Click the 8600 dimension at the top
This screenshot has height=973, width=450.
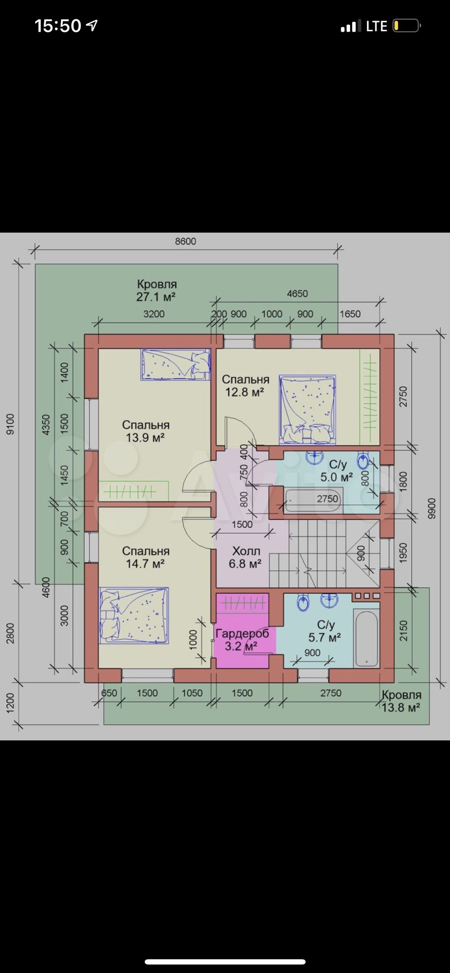click(x=185, y=241)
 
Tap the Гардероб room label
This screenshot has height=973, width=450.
click(x=242, y=633)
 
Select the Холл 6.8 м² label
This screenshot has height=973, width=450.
click(x=246, y=557)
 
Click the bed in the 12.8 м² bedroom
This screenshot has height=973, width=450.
click(x=307, y=410)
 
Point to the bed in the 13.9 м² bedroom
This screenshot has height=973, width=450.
click(x=176, y=364)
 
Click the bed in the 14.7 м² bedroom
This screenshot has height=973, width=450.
click(x=134, y=616)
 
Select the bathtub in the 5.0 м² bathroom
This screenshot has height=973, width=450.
click(x=313, y=500)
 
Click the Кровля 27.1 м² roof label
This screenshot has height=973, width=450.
click(x=156, y=290)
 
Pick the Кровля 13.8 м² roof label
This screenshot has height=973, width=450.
click(x=401, y=701)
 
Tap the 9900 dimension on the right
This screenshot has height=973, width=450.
click(x=431, y=509)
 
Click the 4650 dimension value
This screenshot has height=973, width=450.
click(x=298, y=293)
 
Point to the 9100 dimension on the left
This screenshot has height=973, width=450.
click(x=10, y=424)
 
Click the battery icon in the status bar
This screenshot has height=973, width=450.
click(x=407, y=25)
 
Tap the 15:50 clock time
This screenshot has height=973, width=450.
click(x=58, y=26)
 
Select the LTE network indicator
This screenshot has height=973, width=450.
click(x=376, y=26)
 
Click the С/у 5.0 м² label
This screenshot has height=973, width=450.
click(x=337, y=471)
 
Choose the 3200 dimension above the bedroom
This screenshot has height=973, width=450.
click(x=154, y=314)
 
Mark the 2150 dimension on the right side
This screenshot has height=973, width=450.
click(x=403, y=630)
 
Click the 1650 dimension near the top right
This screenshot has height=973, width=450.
click(x=350, y=314)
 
